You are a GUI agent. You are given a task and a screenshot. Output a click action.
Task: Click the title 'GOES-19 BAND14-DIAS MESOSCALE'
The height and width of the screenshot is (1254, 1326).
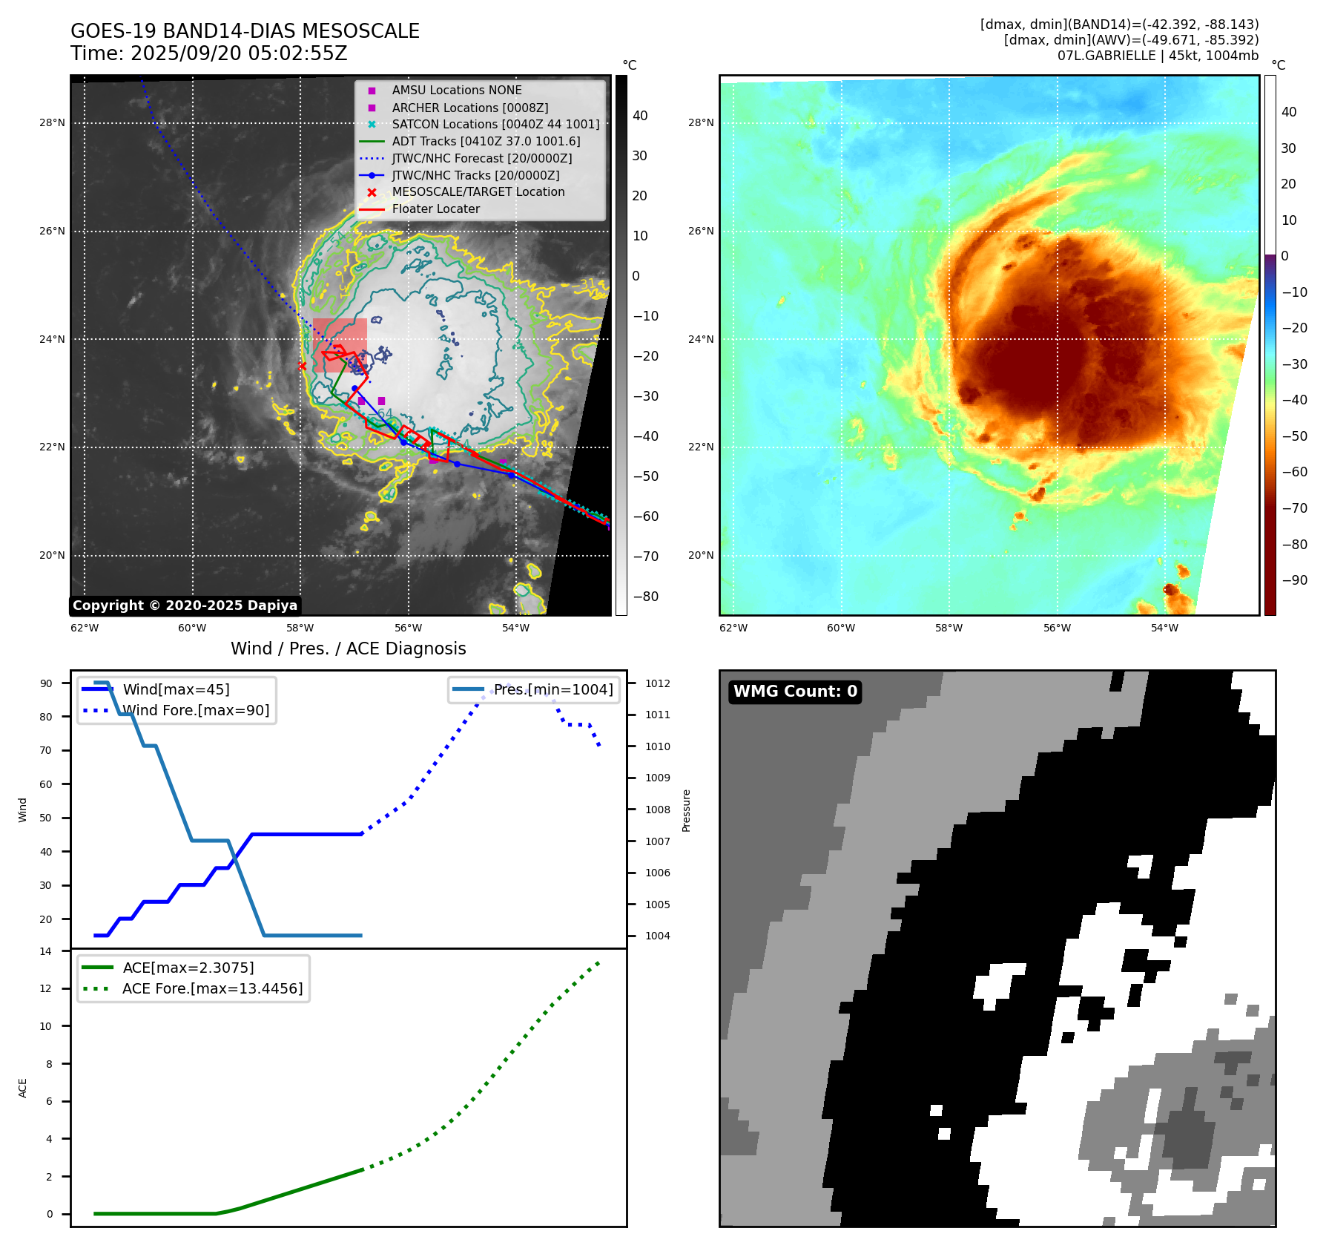(x=245, y=31)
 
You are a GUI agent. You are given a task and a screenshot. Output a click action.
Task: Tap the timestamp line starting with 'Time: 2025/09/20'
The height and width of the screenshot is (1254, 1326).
(x=208, y=53)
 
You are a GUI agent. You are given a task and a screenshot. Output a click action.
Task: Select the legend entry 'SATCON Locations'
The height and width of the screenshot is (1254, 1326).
(x=495, y=124)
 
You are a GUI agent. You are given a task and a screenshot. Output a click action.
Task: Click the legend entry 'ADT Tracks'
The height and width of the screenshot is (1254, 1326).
(x=486, y=141)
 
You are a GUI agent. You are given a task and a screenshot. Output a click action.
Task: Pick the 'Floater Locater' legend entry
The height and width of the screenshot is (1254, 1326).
(x=435, y=209)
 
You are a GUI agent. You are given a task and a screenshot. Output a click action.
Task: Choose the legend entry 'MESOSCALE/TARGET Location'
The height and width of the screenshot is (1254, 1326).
(x=478, y=191)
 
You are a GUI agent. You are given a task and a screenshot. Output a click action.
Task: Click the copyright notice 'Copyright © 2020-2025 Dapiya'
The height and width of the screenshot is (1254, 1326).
(x=185, y=605)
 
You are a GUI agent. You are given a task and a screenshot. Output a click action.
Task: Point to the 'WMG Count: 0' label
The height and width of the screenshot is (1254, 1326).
(x=795, y=692)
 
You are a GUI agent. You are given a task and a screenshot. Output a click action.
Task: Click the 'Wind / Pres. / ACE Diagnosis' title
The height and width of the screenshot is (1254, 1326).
(x=349, y=649)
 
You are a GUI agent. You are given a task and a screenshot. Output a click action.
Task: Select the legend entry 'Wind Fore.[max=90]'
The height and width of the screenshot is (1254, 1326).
(x=196, y=710)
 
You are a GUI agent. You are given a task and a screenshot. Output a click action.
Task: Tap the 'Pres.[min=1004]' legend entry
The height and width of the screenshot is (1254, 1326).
(x=553, y=689)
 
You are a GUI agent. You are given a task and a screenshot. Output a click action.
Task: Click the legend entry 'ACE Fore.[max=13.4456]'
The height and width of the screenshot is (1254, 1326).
(x=212, y=988)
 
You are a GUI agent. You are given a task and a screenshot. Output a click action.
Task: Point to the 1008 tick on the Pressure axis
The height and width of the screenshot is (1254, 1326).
(x=657, y=810)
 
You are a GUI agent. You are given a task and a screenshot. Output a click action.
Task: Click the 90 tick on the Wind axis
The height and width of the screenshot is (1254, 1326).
(x=47, y=683)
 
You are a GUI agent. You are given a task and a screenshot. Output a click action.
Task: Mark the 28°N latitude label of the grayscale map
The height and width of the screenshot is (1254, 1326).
(x=52, y=123)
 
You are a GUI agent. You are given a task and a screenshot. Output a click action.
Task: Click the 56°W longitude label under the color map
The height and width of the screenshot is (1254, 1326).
(x=1057, y=628)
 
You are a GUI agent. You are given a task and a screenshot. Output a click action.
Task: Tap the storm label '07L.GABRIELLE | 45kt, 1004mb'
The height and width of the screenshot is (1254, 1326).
(x=1158, y=56)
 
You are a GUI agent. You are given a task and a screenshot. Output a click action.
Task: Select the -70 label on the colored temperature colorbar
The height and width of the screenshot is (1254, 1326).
(x=1295, y=508)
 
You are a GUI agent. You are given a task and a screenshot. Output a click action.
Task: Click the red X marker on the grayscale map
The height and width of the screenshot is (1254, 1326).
(x=302, y=366)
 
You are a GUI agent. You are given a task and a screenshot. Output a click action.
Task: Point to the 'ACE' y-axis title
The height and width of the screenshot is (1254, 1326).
(x=23, y=1088)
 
